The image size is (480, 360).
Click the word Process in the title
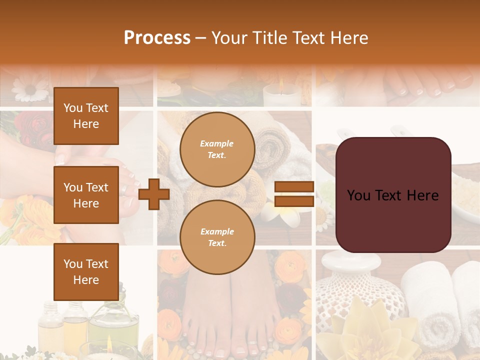coord(157,38)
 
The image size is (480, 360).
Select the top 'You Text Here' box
coord(86,116)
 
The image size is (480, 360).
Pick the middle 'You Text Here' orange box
coord(86,195)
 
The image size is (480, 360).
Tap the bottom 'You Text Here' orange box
coord(86,271)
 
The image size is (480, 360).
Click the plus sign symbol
coord(154,194)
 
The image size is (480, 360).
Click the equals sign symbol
coord(294,194)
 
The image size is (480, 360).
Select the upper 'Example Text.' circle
coord(217,149)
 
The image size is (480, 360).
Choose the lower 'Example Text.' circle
coord(217,237)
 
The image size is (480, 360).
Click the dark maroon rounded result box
coord(393,195)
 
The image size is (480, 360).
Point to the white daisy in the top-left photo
coord(29,89)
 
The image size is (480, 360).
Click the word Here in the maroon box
coord(422,195)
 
